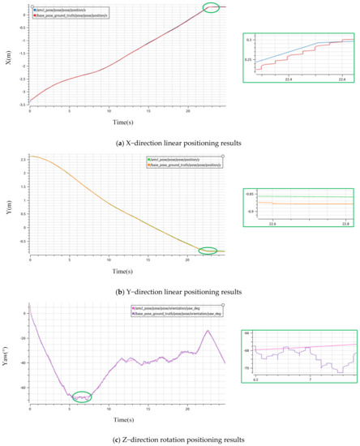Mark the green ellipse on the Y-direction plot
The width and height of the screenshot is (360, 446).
click(208, 251)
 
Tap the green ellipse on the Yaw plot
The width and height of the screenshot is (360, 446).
click(82, 374)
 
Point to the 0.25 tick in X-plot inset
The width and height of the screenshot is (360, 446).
click(249, 60)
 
